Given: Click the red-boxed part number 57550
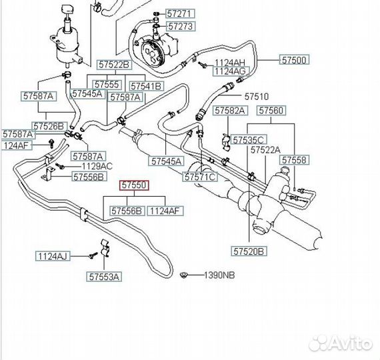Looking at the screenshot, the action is pyautogui.click(x=134, y=185).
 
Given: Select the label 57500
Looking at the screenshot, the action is pyautogui.click(x=295, y=59).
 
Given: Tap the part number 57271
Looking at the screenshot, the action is pyautogui.click(x=180, y=13).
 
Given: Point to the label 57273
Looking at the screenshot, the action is pyautogui.click(x=181, y=26).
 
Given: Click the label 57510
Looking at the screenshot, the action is pyautogui.click(x=257, y=97).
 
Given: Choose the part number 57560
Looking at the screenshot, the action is pyautogui.click(x=271, y=110).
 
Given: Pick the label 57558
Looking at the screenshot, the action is pyautogui.click(x=294, y=160).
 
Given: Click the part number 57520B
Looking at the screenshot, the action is pyautogui.click(x=249, y=251).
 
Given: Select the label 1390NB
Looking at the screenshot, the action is pyautogui.click(x=219, y=275).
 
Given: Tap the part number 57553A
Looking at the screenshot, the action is pyautogui.click(x=104, y=277).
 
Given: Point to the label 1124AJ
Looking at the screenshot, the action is pyautogui.click(x=53, y=256).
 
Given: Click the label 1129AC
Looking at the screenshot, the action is pyautogui.click(x=97, y=166).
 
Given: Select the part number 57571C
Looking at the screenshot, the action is pyautogui.click(x=200, y=177).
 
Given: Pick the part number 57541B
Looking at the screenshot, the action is pyautogui.click(x=146, y=86).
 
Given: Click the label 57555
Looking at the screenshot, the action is pyautogui.click(x=107, y=85).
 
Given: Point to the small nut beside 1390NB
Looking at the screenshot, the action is pyautogui.click(x=184, y=275).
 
